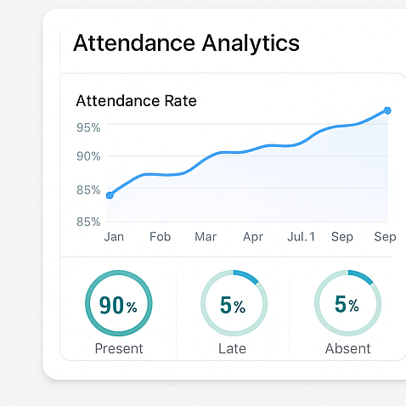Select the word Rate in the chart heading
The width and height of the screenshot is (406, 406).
coord(180,101)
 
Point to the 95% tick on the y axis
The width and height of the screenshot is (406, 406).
coord(88,127)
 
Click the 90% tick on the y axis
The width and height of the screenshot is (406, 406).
coord(88,156)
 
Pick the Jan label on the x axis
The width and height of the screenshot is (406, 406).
coord(114,237)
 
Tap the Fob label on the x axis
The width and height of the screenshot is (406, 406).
coord(160,237)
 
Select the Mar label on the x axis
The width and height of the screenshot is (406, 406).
coord(206,237)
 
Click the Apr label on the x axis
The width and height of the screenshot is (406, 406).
coord(253,237)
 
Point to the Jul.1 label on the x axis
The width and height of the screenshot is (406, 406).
coord(301,237)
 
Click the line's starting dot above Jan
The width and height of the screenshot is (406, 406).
coord(110,195)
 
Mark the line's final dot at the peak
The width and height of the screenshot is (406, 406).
coord(387,110)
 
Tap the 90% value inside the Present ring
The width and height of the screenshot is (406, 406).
coord(118,306)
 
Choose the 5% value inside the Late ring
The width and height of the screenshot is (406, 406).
coord(233,306)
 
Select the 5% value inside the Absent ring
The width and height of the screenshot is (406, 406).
coord(347,304)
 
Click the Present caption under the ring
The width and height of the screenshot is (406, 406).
coord(119,348)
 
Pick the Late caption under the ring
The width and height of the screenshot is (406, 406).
coord(233,348)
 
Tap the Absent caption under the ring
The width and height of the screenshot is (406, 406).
coord(347,348)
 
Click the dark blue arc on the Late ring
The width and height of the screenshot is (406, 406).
coord(246,276)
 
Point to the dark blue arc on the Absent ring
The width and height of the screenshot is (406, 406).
coord(361,276)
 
